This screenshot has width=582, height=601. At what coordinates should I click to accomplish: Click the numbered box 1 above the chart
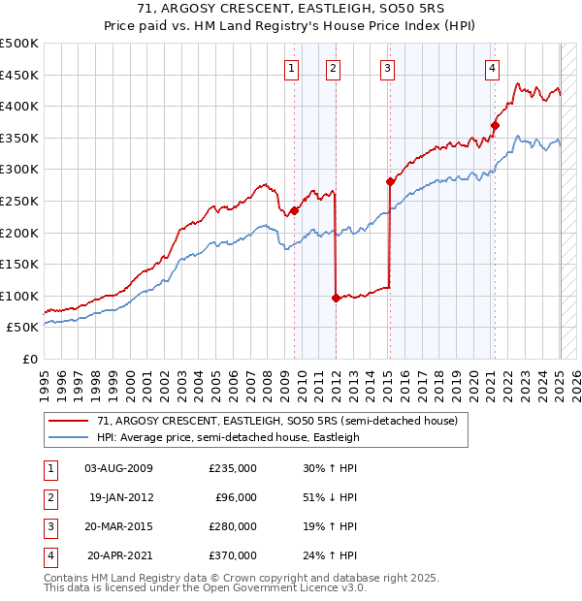[291, 68]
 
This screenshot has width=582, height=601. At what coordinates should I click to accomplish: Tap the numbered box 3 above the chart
[387, 68]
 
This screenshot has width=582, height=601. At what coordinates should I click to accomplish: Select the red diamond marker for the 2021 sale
[495, 124]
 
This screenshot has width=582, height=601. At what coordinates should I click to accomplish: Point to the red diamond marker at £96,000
[336, 298]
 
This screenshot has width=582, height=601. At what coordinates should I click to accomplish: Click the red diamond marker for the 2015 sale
[390, 181]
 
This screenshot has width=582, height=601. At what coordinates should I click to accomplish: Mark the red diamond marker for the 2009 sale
[294, 209]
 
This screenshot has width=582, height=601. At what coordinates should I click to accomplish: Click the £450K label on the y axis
[19, 75]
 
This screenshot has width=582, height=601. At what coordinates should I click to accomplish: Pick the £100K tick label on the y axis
[19, 296]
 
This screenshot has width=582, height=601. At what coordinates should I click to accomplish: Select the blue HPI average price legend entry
[228, 437]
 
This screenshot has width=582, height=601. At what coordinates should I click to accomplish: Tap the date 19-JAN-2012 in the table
[120, 497]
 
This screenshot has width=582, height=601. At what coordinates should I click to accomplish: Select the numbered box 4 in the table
[49, 555]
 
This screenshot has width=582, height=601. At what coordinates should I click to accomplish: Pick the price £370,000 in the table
[233, 555]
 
